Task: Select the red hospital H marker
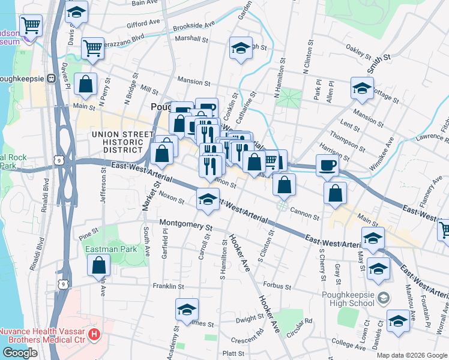tap(94, 332)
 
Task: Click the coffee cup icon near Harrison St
tap(327, 166)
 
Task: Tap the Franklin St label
tap(166, 287)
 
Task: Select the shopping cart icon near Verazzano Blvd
tap(92, 48)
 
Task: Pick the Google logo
tap(20, 352)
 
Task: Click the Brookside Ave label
tap(193, 26)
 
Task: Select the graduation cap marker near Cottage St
tap(362, 88)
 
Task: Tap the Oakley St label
tap(359, 53)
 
